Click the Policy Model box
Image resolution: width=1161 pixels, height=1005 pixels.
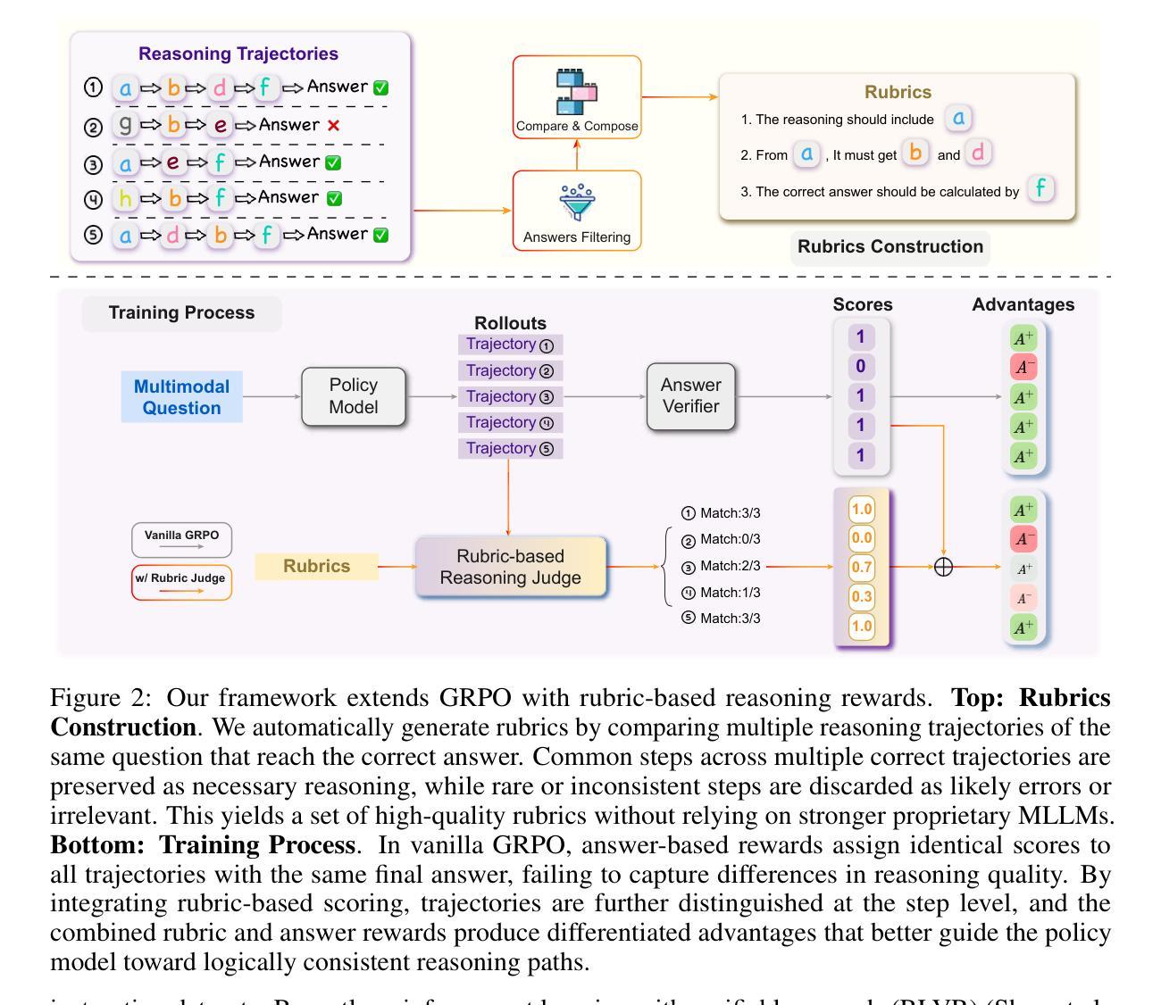point(354,396)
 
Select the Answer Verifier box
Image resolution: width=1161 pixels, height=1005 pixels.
point(690,396)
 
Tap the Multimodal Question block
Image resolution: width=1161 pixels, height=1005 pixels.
point(181,397)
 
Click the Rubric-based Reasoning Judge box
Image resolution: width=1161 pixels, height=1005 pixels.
point(510,567)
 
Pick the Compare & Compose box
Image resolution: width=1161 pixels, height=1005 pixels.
point(577,96)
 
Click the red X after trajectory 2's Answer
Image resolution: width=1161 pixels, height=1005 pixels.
point(333,126)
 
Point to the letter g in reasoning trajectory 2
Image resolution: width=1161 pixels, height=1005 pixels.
point(125,125)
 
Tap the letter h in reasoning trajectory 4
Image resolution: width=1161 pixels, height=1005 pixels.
point(125,198)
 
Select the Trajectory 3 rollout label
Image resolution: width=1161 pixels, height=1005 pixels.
point(510,396)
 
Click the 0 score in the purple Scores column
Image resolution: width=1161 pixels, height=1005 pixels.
point(861,366)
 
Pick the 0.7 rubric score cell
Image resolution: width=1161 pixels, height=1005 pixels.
point(862,567)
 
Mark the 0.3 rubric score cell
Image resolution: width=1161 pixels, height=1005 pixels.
point(862,596)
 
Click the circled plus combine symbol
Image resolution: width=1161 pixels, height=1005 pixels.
point(943,567)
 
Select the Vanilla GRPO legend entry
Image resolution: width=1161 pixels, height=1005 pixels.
point(181,539)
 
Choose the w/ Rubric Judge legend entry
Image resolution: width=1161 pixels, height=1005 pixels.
point(181,582)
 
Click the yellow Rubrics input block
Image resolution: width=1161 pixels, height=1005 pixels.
point(316,567)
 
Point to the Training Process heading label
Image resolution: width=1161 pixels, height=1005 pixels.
point(181,313)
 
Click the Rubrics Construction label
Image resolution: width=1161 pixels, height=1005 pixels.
point(890,247)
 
